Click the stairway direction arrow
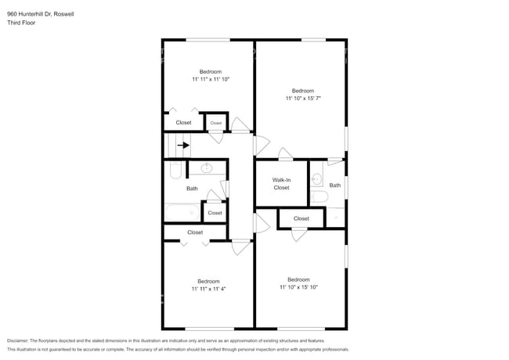tap(183, 146)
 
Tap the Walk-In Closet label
tap(281, 184)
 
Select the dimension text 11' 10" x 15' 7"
tap(303, 99)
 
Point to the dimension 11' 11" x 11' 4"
tap(208, 289)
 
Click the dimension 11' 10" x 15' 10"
tap(298, 287)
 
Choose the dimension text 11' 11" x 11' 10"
tap(211, 79)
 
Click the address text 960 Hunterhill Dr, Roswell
tap(41, 14)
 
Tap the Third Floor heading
tap(21, 23)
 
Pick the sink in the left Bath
tap(207, 168)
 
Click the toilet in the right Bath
tap(319, 196)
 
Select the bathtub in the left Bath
tap(182, 212)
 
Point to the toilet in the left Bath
tap(175, 171)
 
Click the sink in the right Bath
tap(317, 178)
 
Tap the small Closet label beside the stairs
tap(216, 123)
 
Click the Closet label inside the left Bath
tap(215, 213)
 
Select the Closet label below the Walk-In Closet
tap(301, 218)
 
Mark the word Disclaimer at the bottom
tap(18, 341)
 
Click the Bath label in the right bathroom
tap(335, 185)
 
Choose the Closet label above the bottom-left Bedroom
tap(195, 232)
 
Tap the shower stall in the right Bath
tap(335, 218)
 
